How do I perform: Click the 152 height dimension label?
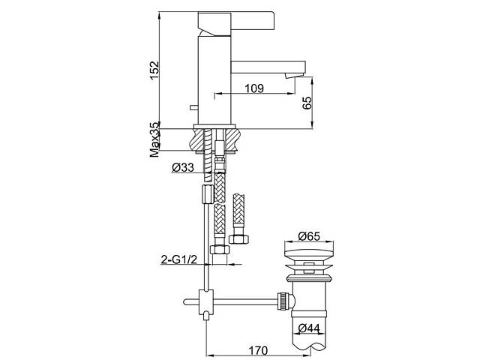coord(155,70)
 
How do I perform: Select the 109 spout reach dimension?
coord(254,88)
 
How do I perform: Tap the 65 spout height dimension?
coord(307,103)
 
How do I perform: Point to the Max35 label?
coord(155,139)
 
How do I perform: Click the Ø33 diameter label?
coord(183,167)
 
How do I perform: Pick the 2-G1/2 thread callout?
coord(179,259)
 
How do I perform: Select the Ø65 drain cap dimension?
coord(309,236)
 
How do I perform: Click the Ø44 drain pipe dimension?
coord(309,328)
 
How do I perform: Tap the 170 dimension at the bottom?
coord(258,350)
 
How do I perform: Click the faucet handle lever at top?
coord(236,22)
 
